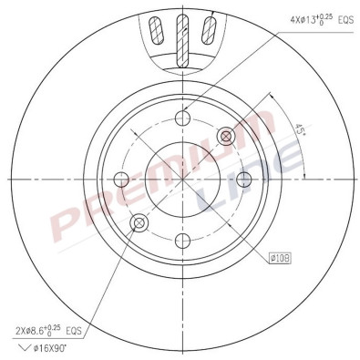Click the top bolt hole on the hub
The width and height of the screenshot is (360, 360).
[182, 118]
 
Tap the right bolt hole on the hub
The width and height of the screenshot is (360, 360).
[244, 180]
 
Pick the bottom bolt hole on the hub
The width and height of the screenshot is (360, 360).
[182, 241]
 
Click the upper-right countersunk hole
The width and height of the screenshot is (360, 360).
[226, 136]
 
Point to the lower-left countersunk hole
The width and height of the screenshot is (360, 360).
[139, 223]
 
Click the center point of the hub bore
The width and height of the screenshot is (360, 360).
[182, 180]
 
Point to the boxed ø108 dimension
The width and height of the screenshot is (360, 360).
[281, 258]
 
